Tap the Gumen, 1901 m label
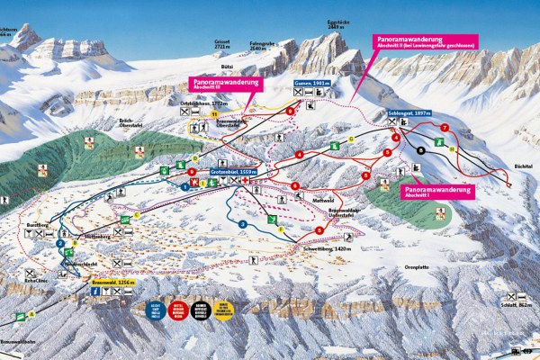click(310, 83)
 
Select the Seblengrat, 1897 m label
click(409, 113)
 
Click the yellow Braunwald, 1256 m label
click(112, 283)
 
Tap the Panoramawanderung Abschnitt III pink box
click(228, 84)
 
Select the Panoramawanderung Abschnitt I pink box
click(437, 192)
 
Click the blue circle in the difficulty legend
click(153, 310)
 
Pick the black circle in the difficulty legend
click(203, 310)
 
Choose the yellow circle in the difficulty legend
click(228, 310)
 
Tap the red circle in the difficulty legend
click(178, 310)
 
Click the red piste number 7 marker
click(445, 129)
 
